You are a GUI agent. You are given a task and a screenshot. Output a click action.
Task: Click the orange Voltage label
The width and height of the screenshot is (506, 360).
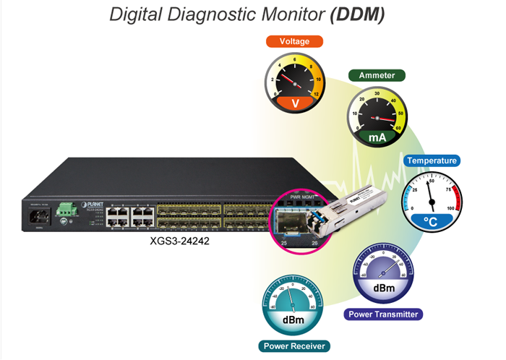point(294,41)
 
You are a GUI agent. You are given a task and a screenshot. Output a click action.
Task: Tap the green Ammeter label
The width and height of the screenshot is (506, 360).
point(377,75)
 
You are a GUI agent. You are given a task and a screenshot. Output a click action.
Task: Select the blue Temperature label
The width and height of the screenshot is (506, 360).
point(432,160)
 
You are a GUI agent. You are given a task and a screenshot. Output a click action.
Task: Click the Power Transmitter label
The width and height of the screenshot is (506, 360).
point(384,314)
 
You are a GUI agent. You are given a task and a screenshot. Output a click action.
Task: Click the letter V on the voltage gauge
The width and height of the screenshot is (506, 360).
point(294,103)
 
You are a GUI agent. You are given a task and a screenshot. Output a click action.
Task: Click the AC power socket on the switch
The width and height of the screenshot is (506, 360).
point(35,216)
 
